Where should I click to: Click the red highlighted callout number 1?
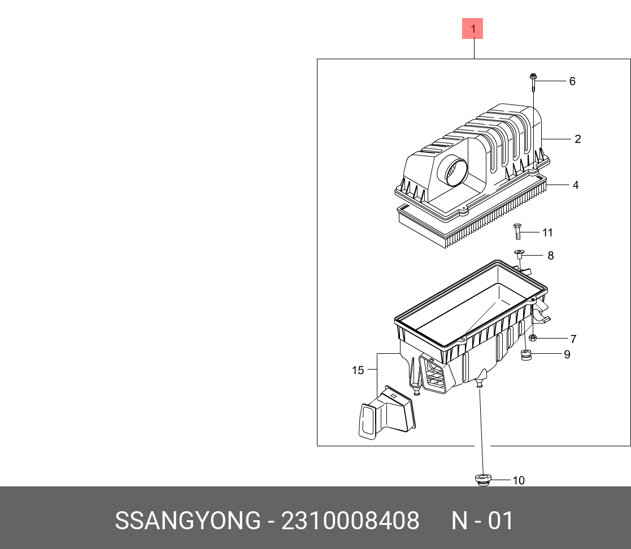tap(473, 28)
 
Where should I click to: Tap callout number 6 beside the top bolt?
tap(572, 81)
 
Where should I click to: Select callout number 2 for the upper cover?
tap(578, 139)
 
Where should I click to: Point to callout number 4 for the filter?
tap(575, 185)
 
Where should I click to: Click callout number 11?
tap(547, 232)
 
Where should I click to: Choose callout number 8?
tap(550, 256)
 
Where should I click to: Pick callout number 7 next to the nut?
tap(573, 339)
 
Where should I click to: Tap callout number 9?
tap(567, 354)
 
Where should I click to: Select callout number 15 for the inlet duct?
tap(358, 370)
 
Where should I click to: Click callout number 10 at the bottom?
tap(519, 481)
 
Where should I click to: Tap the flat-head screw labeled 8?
tap(519, 254)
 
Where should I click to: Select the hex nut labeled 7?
tap(533, 338)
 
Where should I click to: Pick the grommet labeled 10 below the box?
tap(482, 480)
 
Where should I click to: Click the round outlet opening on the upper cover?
tap(455, 172)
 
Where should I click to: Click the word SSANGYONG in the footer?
tap(188, 521)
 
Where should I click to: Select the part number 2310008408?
tap(350, 521)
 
